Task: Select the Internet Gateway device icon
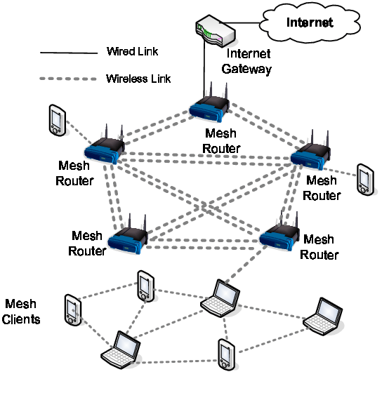pyautogui.click(x=217, y=32)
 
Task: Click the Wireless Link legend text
pyautogui.click(x=138, y=78)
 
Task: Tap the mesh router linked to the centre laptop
pyautogui.click(x=280, y=236)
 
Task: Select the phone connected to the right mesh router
pyautogui.click(x=364, y=179)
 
